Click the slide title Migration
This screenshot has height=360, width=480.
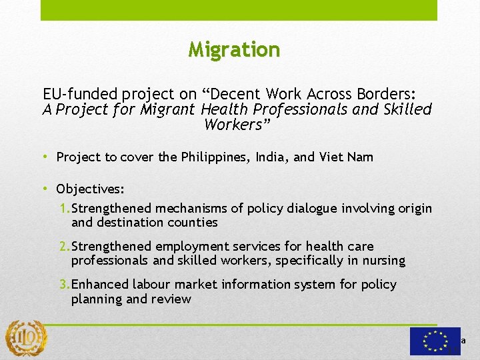[234, 49]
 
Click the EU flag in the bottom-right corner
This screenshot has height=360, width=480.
[435, 341]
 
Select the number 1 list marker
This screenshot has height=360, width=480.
[64, 209]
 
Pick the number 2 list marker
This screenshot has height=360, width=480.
[64, 247]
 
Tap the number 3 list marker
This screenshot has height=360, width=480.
[64, 285]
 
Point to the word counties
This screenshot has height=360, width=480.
[193, 222]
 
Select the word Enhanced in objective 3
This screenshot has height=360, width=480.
[100, 285]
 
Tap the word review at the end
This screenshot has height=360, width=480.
[173, 299]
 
